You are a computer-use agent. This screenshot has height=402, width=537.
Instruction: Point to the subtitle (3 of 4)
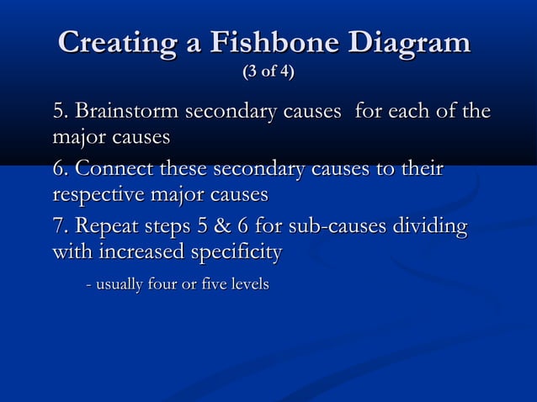[268, 72]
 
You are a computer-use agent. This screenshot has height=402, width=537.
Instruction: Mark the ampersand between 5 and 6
[225, 227]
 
